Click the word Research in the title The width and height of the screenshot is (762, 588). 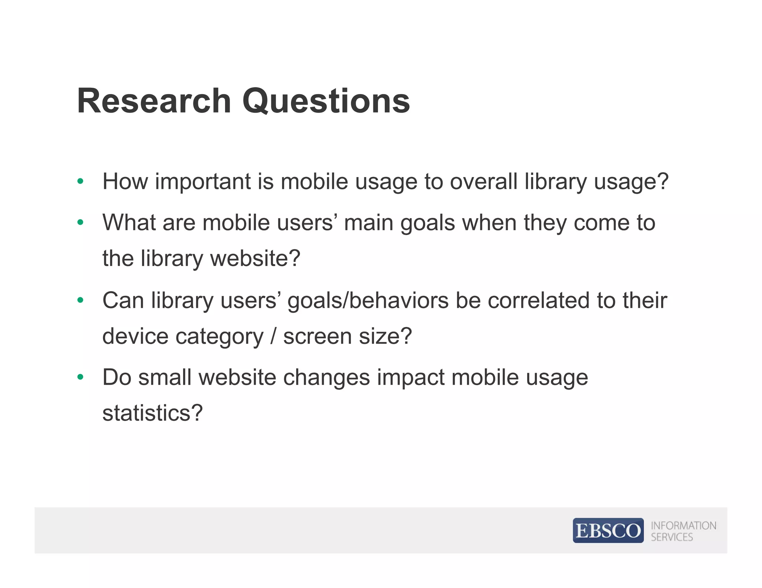tap(154, 101)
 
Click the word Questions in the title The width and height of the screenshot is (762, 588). tap(326, 101)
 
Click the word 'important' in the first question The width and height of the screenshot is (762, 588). tap(203, 182)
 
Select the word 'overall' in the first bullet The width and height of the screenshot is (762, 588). tap(483, 182)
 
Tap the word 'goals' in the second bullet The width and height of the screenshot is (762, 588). tap(428, 223)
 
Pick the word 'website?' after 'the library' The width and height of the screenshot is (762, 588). tap(255, 258)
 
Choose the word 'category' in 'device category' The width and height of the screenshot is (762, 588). tap(219, 337)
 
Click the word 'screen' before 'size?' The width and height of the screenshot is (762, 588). tap(317, 337)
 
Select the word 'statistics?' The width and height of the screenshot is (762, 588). tap(153, 413)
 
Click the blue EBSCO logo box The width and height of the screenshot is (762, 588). tap(608, 530)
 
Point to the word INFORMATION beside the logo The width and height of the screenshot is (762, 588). tap(683, 526)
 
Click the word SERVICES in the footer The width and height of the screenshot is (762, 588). tap(672, 537)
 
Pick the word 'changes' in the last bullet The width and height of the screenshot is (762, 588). tap(326, 378)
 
